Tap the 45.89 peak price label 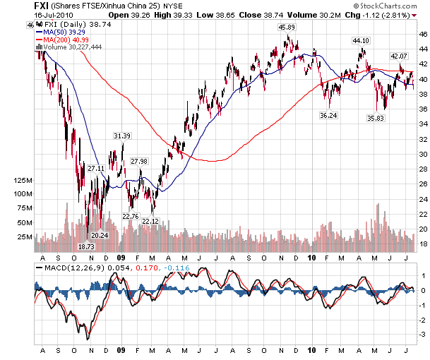tap(286, 27)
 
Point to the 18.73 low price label tap(86, 247)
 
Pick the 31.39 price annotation tap(122, 136)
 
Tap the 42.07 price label tap(400, 56)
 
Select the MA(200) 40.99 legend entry tap(65, 40)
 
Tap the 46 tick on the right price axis tap(421, 34)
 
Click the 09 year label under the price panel tap(121, 257)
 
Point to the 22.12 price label tap(150, 221)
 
